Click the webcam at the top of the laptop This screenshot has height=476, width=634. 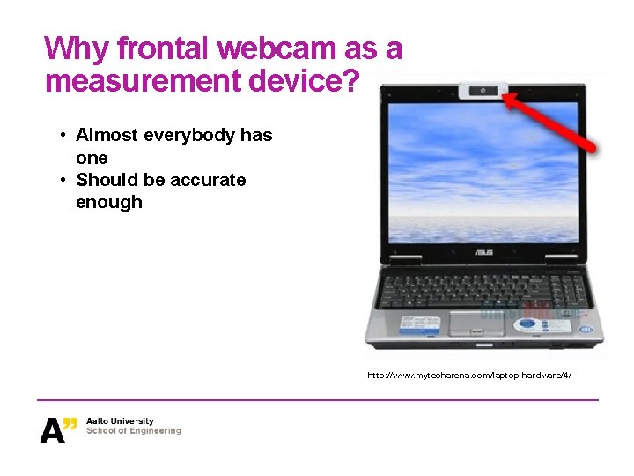tap(483, 90)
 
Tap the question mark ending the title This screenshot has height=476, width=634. tap(350, 82)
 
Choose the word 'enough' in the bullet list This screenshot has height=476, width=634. tap(109, 202)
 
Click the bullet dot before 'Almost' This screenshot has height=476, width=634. tap(63, 136)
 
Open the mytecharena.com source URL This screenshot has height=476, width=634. tap(469, 376)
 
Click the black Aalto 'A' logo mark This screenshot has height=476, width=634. tap(53, 428)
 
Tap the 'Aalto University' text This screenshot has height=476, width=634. tap(120, 421)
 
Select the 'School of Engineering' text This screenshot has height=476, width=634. tap(133, 431)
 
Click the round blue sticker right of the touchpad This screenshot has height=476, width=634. tap(527, 324)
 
